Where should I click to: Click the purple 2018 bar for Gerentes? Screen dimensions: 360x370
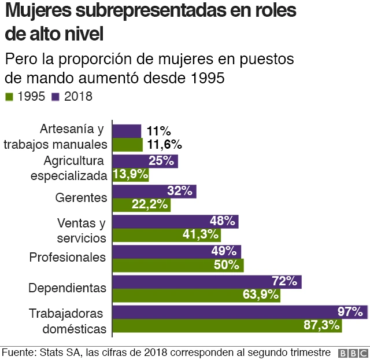point(154,192)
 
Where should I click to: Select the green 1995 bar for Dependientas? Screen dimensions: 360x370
point(196,295)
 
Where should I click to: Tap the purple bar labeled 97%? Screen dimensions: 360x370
point(239,311)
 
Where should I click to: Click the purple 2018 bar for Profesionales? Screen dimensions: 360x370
point(176,251)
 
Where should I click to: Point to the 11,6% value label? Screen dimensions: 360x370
point(165,144)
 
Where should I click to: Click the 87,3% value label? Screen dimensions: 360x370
point(321,325)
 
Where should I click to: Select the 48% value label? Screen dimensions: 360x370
point(222,221)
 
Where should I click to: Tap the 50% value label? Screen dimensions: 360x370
point(226,265)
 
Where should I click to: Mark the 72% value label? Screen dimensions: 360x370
point(284,281)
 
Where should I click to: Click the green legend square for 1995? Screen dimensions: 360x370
point(9,97)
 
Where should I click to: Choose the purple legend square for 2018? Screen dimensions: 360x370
point(55,97)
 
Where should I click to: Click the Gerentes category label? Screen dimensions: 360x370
point(81,197)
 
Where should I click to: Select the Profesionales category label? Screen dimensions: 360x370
point(68,258)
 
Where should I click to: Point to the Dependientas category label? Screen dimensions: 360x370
point(67,288)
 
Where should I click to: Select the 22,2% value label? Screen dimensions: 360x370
point(150,204)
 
